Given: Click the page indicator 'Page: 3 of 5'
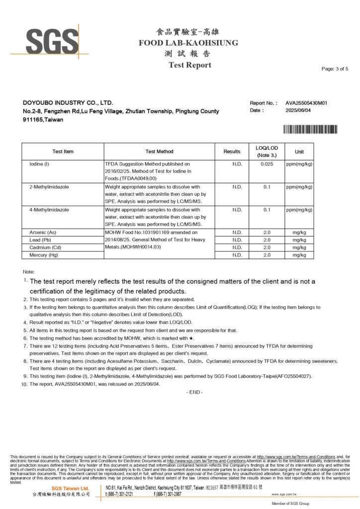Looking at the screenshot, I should [335, 69].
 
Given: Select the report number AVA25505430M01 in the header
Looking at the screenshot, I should [306, 103].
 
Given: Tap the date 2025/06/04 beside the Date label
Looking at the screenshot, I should [298, 110].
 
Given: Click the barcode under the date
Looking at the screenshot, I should [310, 129].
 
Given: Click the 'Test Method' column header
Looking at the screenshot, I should [159, 152].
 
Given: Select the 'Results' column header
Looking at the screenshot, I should [232, 152].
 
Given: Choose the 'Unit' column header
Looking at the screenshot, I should [299, 152].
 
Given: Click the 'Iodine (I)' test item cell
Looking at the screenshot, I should [39, 164].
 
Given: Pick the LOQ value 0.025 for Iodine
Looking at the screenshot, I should [267, 164].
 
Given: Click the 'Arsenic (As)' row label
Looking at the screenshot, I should [43, 232].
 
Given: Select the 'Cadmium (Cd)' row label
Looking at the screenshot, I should [45, 247].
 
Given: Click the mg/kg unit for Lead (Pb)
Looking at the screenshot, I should [299, 240].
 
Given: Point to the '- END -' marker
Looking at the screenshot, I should [194, 392].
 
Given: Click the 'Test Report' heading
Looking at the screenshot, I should [189, 65].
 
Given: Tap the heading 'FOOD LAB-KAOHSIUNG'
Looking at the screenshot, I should [188, 43].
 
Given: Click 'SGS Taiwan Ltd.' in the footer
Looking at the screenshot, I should [71, 488].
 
